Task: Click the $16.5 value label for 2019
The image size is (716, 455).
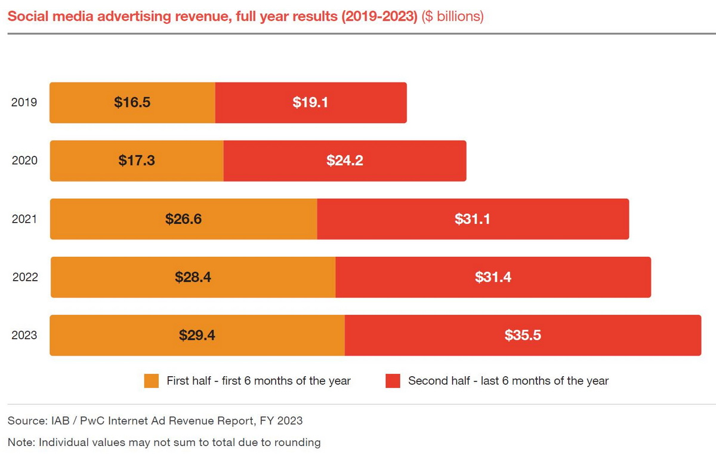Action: (x=132, y=102)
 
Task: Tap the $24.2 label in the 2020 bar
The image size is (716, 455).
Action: (x=345, y=161)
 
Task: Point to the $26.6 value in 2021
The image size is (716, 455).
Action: (x=184, y=219)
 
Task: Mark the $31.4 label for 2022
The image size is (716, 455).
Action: (x=493, y=277)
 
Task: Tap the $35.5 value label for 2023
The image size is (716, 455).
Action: (x=523, y=336)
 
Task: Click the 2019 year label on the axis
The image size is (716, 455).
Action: (x=24, y=102)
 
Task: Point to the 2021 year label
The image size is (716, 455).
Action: (x=24, y=219)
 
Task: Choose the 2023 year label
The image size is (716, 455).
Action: (x=24, y=335)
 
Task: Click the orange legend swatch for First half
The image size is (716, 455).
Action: (x=152, y=381)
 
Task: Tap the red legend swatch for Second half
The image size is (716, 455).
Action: (x=393, y=381)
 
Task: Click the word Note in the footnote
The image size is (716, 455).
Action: (x=19, y=442)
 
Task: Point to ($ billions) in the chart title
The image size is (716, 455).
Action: (x=452, y=16)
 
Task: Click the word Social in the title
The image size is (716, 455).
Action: (x=23, y=16)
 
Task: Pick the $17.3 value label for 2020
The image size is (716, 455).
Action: (x=137, y=161)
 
